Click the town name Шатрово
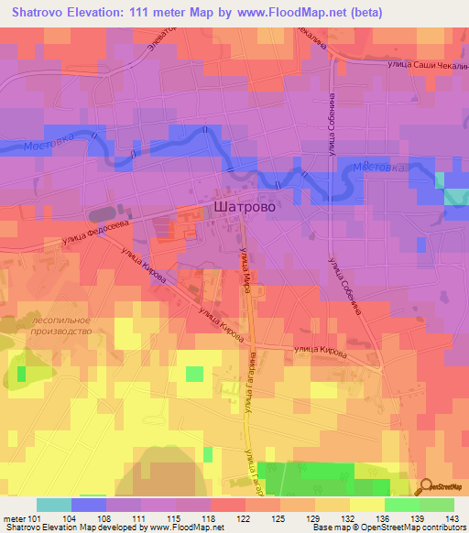point(244,208)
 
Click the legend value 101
point(34,518)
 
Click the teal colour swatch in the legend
point(53,505)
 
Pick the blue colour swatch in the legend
point(88,505)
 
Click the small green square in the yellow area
point(194,373)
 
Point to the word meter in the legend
point(13,518)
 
